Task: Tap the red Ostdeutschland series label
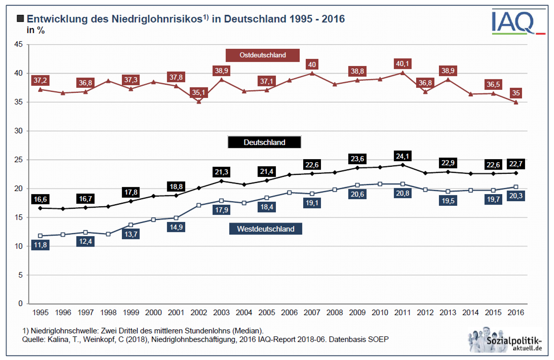coord(263,55)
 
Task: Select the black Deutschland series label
coord(264,142)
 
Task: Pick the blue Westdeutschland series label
coord(265,229)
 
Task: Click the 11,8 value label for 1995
coord(40,244)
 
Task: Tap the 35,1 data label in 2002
coord(199,92)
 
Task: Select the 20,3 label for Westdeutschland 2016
coord(516,196)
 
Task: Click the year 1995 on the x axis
coord(40,313)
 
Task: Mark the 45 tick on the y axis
coord(19,44)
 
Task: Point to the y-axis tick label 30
coord(19,131)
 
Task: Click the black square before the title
coord(21,19)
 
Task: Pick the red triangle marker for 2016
coord(516,102)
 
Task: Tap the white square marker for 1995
coord(40,236)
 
